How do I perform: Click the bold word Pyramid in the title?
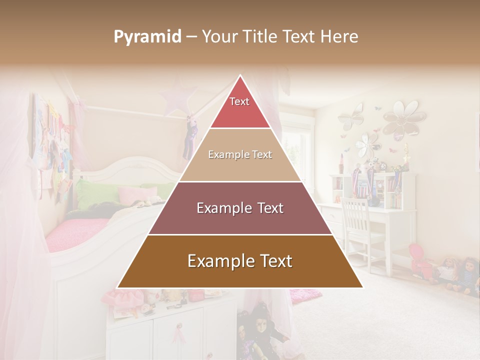[x=147, y=36]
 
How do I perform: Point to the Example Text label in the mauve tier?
[x=240, y=208]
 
